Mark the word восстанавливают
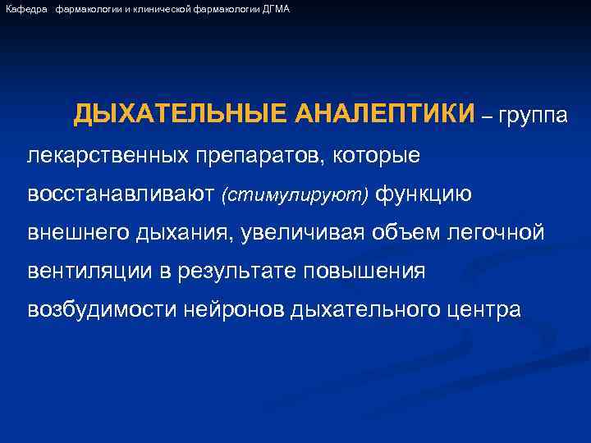(121, 194)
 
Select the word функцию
(424, 194)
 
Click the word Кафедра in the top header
(25, 8)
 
